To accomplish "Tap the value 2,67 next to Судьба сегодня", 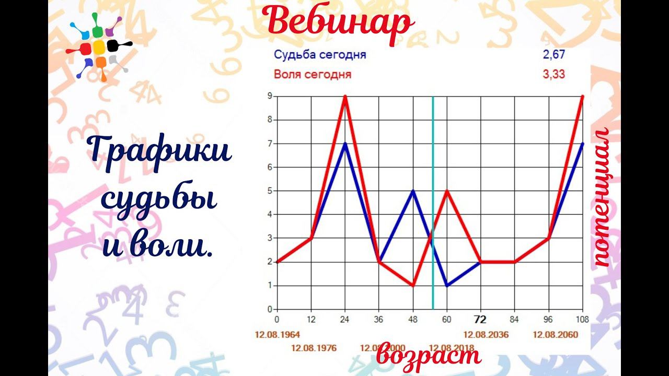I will [554, 55].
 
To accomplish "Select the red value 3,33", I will [554, 74].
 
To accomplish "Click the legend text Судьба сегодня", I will [319, 55].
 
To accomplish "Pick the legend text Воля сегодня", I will [312, 74].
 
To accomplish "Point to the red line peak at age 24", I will [345, 96].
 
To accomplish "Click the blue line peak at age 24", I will [345, 144].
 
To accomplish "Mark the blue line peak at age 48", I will [413, 191].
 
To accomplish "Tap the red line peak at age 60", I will [447, 191].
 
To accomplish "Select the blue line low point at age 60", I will [447, 286].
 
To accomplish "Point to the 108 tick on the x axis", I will [582, 319].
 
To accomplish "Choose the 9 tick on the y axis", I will [269, 96].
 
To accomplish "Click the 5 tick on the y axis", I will [269, 191].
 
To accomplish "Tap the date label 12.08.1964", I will [277, 334].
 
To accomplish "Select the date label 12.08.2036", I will [486, 334].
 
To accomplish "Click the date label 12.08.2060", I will [556, 334].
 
